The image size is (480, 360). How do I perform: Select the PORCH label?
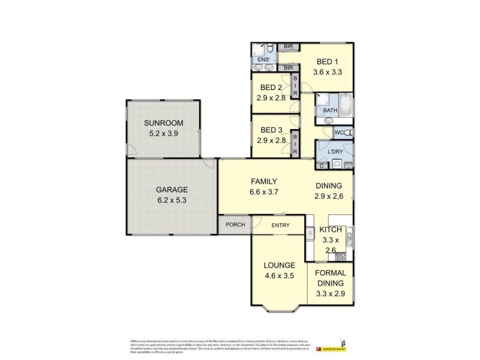pos(234,225)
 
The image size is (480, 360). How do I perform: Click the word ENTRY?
pos(280,225)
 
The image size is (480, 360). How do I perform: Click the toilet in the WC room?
pos(349,132)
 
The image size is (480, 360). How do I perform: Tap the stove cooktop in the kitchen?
pos(341,256)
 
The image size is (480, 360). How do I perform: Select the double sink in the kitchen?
pos(310,233)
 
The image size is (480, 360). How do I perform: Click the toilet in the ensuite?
pos(271,49)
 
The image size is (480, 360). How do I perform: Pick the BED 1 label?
pos(328,62)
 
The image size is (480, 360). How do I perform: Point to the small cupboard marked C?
pos(322,165)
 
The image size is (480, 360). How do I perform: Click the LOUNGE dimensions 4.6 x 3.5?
pos(278,277)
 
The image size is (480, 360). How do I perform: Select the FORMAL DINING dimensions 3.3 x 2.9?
pos(331,294)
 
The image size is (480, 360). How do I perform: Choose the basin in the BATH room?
pos(327,120)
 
